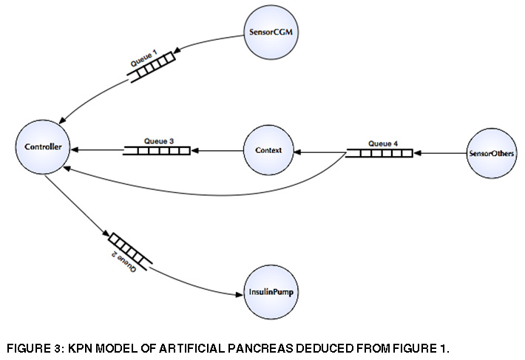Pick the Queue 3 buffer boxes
(x=156, y=151)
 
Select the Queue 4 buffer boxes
(x=379, y=153)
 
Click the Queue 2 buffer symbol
(x=130, y=249)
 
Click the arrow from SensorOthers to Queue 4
(x=440, y=154)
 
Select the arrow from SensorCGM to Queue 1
(x=211, y=46)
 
